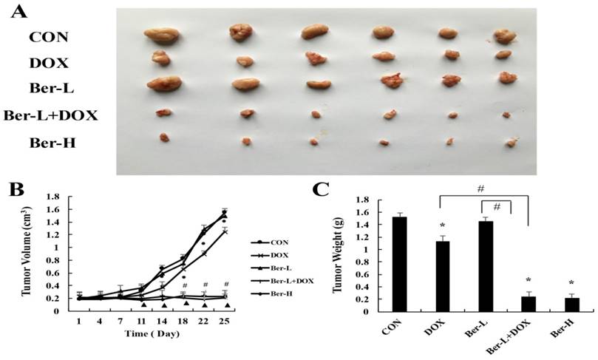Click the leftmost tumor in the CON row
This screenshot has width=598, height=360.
158,33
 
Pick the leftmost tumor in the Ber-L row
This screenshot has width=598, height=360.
164,84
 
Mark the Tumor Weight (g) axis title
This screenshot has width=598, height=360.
342,255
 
